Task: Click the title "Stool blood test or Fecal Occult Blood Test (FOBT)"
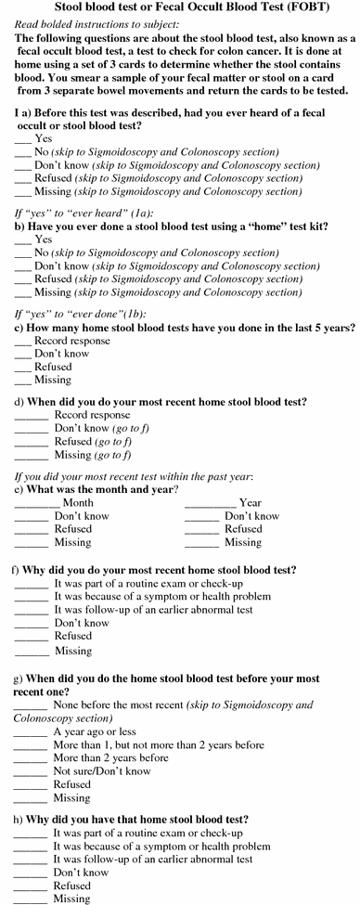[x=181, y=8]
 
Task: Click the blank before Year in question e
[x=210, y=502]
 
